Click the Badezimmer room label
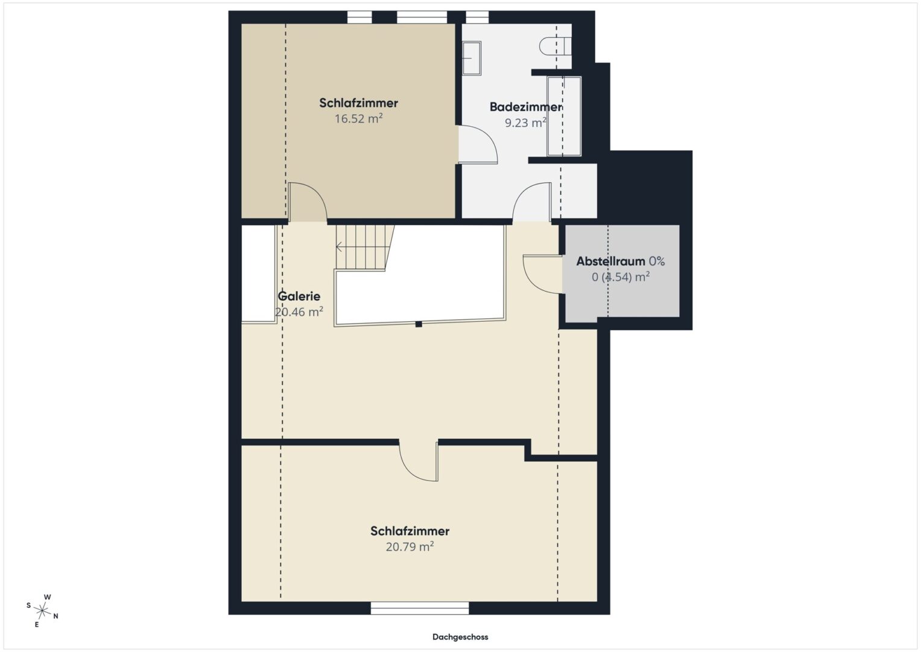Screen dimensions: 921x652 click(525, 107)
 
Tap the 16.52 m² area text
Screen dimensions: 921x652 click(358, 118)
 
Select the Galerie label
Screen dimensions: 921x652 click(299, 296)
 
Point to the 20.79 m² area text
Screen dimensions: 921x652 click(410, 546)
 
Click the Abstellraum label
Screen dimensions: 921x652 click(610, 261)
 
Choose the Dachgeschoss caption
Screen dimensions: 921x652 click(460, 637)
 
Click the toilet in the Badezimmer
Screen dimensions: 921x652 click(555, 46)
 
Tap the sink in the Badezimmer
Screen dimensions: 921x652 click(472, 58)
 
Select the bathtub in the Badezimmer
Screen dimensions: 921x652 click(564, 117)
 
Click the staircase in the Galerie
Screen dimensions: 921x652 click(364, 247)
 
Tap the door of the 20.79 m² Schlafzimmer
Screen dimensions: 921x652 click(419, 461)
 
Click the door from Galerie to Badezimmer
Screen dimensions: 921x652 click(532, 202)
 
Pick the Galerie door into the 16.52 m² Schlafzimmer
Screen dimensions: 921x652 click(308, 202)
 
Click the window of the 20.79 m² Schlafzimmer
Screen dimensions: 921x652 click(420, 608)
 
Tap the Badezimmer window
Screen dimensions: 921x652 click(477, 18)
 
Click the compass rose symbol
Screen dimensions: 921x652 click(42, 611)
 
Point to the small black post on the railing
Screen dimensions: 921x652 click(419, 324)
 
